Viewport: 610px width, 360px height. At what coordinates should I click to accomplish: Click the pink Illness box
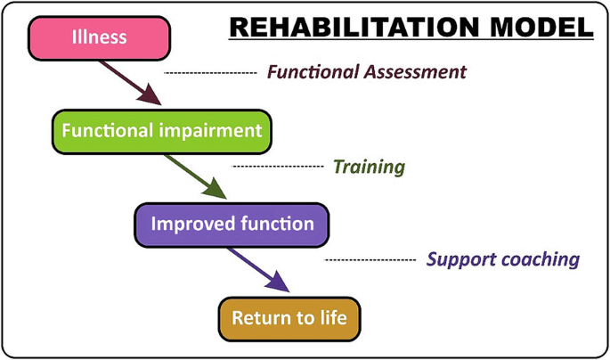[x=99, y=38]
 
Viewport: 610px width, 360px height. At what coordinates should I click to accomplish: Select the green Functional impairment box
[x=162, y=132]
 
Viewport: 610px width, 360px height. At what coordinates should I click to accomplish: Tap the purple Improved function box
[x=232, y=225]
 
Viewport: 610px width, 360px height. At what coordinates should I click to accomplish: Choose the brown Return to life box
[x=289, y=319]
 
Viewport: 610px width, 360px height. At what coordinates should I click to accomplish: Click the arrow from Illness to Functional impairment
[x=130, y=83]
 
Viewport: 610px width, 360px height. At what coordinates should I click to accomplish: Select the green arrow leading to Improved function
[x=195, y=176]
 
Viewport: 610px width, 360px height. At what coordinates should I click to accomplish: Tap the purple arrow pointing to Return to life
[x=259, y=270]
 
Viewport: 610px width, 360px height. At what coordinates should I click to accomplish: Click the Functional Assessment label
[x=367, y=72]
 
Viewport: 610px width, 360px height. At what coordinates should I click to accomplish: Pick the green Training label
[x=369, y=167]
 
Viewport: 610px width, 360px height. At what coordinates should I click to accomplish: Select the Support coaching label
[x=503, y=259]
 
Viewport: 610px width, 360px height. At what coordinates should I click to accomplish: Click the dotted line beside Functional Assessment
[x=210, y=73]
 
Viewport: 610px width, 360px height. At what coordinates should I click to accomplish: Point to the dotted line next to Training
[x=278, y=166]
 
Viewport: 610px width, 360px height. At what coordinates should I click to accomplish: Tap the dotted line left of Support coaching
[x=370, y=259]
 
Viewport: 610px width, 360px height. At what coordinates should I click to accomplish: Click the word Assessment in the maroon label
[x=415, y=72]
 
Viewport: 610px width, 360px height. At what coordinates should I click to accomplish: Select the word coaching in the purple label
[x=541, y=260]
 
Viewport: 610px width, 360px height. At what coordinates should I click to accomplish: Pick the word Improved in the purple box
[x=193, y=225]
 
